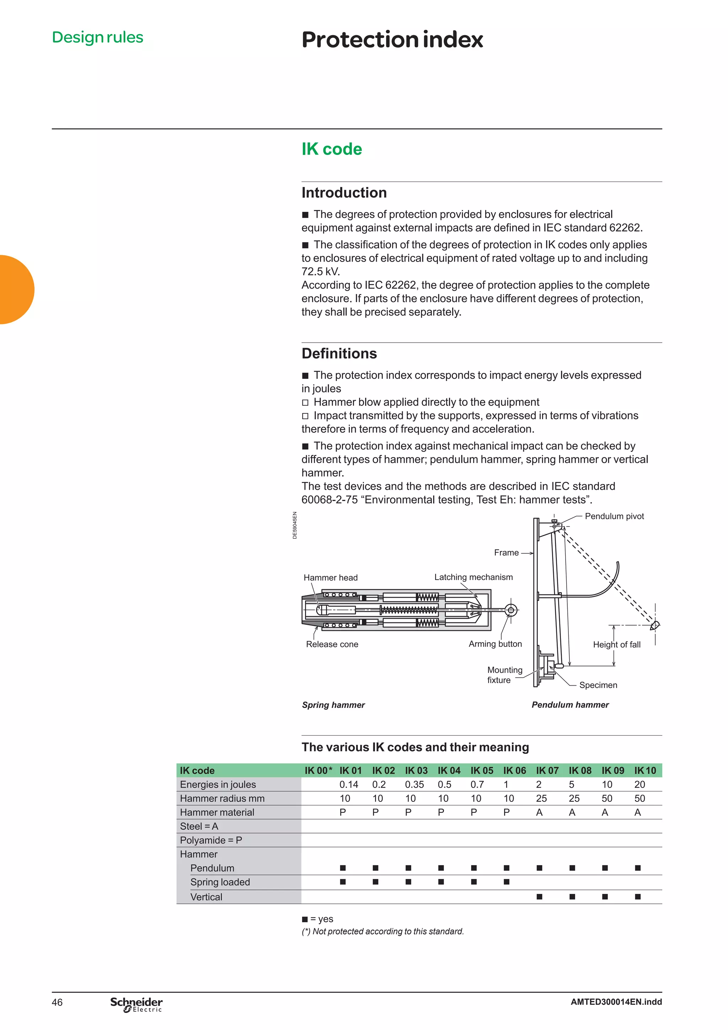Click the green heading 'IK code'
332,149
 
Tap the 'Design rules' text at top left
97,37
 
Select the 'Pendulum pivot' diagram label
614,516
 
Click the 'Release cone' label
332,644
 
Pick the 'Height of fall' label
616,645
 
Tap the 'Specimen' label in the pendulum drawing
598,685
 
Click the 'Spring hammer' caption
333,705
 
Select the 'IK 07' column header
547,771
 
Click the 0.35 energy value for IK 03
414,785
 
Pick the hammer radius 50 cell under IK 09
606,799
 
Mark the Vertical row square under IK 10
637,897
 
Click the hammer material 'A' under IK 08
572,812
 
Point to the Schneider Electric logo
136,1004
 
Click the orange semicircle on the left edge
16,289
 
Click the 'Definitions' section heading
339,354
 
